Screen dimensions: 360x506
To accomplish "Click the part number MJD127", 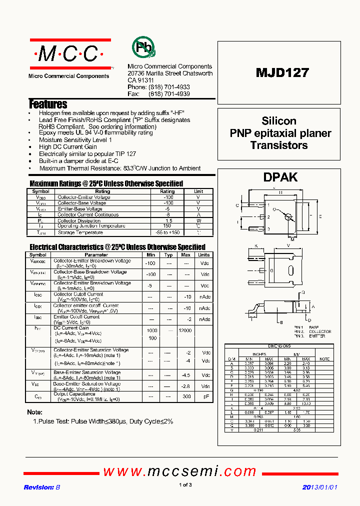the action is coord(282,72).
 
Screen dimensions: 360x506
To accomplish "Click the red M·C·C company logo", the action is coord(69,53).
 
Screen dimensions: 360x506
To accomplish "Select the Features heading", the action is coord(48,104).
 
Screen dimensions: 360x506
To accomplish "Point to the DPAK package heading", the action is coord(280,177).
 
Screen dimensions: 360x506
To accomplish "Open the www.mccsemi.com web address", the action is coord(179,471).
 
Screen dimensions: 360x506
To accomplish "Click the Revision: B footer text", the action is coord(42,487).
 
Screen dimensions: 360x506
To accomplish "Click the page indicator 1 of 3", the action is coord(185,484).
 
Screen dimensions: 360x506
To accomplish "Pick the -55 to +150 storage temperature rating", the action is coord(167,232).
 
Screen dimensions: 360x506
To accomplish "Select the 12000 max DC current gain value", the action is coord(185,331).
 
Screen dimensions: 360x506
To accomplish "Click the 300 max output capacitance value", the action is coord(186,396).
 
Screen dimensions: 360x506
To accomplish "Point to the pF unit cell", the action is coord(205,396).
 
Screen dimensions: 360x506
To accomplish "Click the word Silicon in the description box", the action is coord(279,121).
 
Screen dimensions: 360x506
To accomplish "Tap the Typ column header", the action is coord(168,255).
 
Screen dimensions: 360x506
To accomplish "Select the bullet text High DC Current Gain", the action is coord(68,147).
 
